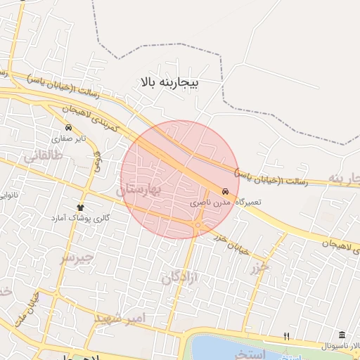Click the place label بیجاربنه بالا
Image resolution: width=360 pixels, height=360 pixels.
[170, 83]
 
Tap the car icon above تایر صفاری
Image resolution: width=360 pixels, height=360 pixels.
[68, 127]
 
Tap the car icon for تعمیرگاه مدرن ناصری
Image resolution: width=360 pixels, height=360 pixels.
[225, 191]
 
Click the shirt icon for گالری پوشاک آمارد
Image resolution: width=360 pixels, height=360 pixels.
[80, 207]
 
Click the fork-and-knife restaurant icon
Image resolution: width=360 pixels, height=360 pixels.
[285, 335]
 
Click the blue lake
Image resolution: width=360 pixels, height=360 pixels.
[225, 348]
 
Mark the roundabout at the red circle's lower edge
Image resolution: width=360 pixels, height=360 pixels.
[199, 225]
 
